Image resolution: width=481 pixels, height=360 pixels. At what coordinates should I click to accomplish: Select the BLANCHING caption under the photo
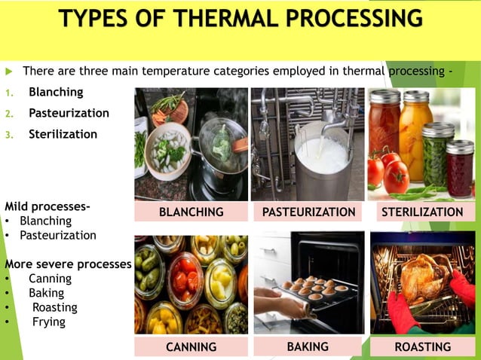coord(191,212)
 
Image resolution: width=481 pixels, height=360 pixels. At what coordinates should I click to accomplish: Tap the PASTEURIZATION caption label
coord(308,212)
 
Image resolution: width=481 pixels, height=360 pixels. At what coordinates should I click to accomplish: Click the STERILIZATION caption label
coord(422,212)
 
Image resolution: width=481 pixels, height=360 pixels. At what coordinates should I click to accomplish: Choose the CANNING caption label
coord(191,347)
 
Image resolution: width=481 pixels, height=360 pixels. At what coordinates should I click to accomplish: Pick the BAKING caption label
coord(308,346)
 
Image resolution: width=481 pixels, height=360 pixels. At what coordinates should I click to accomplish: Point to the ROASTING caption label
coord(422,347)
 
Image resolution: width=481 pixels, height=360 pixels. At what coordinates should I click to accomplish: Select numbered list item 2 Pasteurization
coord(69,114)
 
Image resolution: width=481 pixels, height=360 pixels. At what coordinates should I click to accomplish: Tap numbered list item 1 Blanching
coord(56,93)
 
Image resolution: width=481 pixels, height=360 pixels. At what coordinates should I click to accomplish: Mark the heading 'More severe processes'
coord(68,264)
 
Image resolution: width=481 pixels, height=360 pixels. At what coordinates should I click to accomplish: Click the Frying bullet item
coord(48,322)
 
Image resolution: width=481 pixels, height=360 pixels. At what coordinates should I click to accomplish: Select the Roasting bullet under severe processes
coord(54,307)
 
